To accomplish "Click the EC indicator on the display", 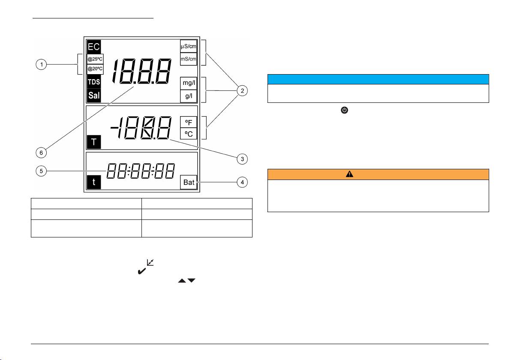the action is point(94,47).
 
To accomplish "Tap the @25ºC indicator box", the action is point(95,59).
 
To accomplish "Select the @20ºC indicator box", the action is point(95,69).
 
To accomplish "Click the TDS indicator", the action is point(94,82).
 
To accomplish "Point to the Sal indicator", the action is point(94,96).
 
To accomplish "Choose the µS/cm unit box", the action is point(189,46).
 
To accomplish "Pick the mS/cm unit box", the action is point(189,59).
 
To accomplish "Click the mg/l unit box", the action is point(189,83).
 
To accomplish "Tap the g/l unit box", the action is point(189,96).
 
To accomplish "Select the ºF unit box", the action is point(189,122).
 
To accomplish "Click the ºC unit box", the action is point(189,134).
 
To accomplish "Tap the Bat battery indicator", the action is point(189,183).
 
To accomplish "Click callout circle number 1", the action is point(42,65).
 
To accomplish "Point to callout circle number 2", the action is point(242,90).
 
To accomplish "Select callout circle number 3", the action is point(242,159).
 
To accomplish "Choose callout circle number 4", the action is point(242,183).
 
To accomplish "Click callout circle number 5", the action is point(42,171).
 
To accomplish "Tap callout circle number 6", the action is point(42,153).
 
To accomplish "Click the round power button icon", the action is point(345,110).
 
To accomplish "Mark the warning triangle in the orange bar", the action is point(349,174).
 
